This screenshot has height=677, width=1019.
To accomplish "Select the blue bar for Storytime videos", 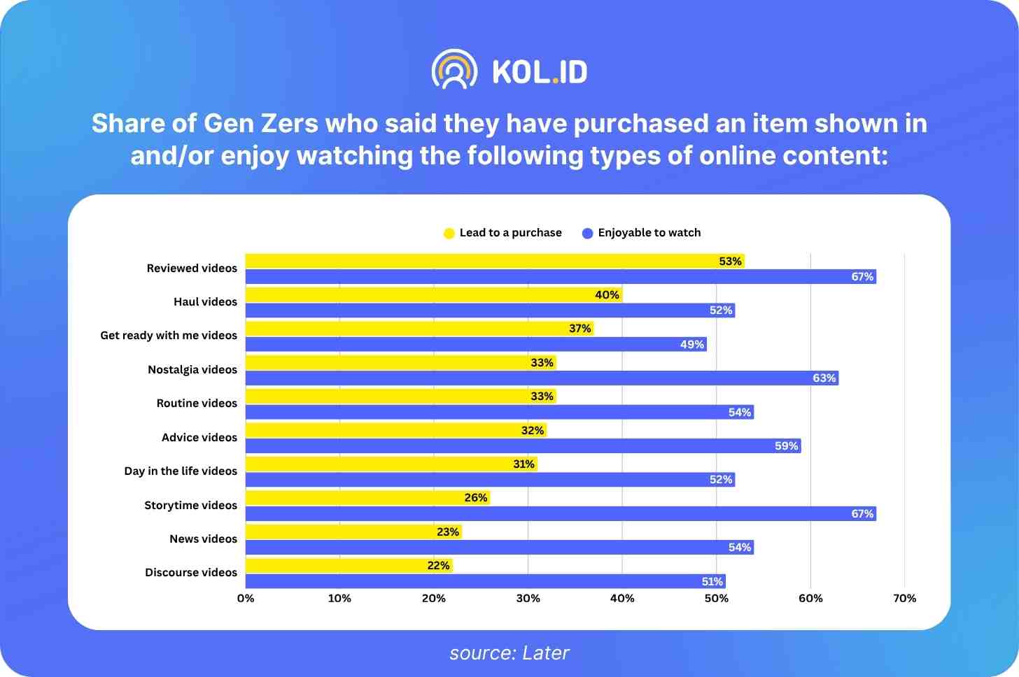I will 560,514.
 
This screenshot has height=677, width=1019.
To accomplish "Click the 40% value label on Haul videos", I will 607,295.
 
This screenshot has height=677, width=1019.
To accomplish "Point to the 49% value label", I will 691,344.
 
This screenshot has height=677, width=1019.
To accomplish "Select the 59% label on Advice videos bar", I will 786,446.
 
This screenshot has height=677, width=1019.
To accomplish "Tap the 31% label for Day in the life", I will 523,464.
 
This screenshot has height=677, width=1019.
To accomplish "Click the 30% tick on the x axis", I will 528,599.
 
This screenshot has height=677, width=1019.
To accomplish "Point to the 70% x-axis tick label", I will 904,599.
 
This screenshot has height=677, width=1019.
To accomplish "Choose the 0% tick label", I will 246,599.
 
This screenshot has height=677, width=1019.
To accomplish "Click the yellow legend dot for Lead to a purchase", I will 449,234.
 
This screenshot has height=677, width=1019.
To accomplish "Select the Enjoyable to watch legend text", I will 649,233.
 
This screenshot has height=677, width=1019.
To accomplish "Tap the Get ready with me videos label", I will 169,336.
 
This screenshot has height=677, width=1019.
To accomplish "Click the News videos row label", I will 203,539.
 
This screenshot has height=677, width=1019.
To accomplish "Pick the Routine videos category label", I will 197,404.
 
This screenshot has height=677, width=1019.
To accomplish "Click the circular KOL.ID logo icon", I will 455,70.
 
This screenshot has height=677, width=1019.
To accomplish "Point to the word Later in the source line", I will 546,653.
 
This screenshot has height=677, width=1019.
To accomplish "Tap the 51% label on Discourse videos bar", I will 712,582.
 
